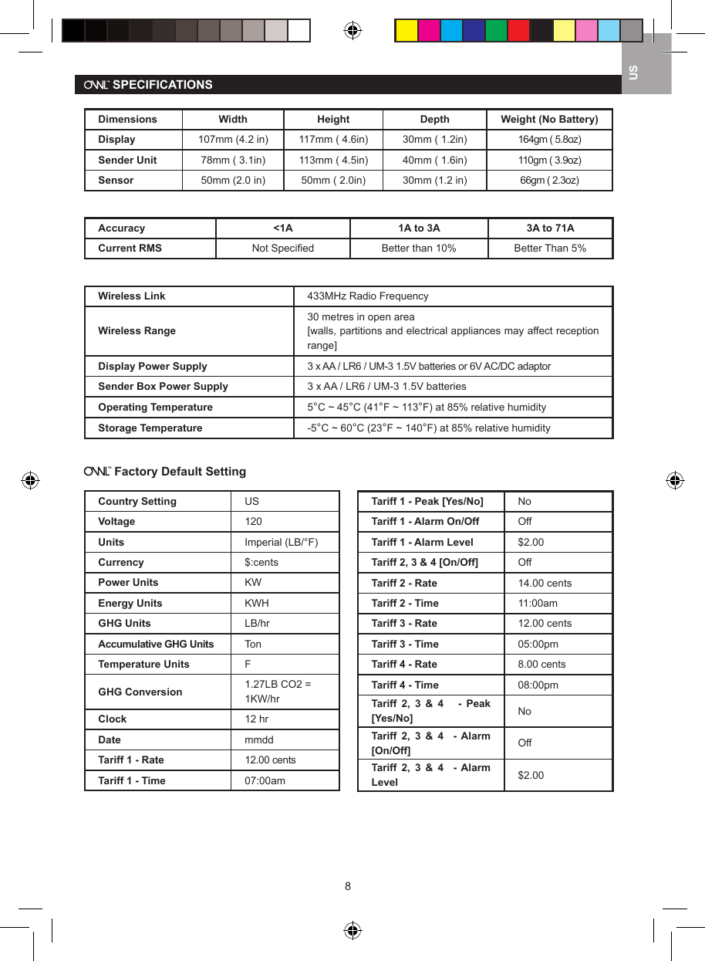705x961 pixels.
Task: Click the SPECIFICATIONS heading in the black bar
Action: click(x=162, y=85)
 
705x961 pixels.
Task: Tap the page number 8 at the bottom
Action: click(x=348, y=885)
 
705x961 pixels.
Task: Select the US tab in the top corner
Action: click(x=633, y=73)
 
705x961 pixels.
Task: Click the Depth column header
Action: click(x=434, y=119)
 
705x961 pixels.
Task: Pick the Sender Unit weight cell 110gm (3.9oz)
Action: click(x=549, y=160)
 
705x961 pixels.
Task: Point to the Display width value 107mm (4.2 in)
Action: click(x=233, y=140)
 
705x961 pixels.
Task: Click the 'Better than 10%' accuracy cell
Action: click(x=419, y=248)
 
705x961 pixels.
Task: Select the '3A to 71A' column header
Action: click(x=550, y=228)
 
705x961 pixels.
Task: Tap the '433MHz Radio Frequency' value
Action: click(x=368, y=296)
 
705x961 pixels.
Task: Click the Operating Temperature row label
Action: click(x=155, y=407)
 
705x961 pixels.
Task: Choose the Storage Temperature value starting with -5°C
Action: click(x=429, y=428)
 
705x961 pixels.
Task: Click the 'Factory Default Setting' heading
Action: click(x=180, y=471)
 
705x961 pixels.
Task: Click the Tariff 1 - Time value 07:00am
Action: click(x=265, y=780)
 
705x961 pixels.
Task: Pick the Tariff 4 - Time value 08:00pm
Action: click(x=538, y=685)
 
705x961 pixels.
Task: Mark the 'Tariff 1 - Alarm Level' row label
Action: click(x=422, y=542)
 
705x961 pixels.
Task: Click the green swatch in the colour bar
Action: click(x=496, y=30)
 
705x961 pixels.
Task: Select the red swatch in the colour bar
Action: click(x=518, y=30)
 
